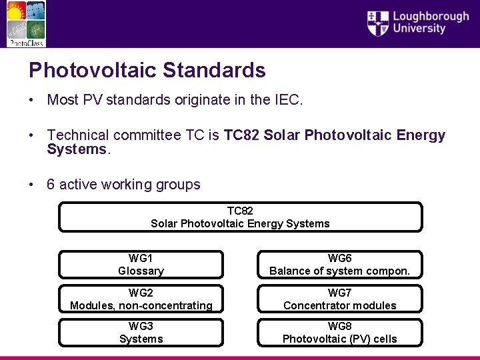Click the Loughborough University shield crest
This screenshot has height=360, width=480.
378,23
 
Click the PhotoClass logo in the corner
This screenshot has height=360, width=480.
26,24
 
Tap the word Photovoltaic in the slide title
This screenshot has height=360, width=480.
93,70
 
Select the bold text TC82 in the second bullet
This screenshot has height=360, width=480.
241,136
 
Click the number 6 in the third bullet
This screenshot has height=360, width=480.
51,185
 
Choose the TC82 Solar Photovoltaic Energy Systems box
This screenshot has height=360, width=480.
240,217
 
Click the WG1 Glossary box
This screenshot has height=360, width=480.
141,265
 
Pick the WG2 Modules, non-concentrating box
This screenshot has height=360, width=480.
141,299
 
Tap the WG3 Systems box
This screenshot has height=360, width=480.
141,333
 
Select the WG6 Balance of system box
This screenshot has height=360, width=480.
339,265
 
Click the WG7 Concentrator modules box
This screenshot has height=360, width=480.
339,299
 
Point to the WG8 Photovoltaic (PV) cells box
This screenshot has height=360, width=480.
339,333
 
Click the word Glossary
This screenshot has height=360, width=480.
141,271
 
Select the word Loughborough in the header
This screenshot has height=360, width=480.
431,16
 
